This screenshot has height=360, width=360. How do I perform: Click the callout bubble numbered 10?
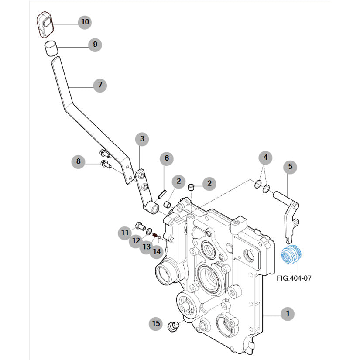pos(85,21)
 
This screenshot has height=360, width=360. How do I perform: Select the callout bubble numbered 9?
pos(95,44)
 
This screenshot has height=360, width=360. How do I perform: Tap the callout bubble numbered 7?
pos(100,85)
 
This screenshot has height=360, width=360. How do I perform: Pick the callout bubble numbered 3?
pos(142,139)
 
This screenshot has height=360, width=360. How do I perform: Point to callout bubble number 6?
pos(166,158)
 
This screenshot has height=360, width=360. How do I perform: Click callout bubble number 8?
pos(79,162)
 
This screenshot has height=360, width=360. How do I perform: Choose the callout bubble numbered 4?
pos(265,157)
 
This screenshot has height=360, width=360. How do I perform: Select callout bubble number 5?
pos(290,166)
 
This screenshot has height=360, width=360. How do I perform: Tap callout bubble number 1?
pos(288,313)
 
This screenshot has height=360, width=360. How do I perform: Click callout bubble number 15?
pos(156,323)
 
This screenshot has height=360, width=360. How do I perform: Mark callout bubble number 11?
pos(125,233)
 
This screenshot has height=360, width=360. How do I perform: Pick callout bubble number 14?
pos(157,251)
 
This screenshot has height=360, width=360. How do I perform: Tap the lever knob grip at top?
pos(44,24)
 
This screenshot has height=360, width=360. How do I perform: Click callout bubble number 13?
pos(146,247)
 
